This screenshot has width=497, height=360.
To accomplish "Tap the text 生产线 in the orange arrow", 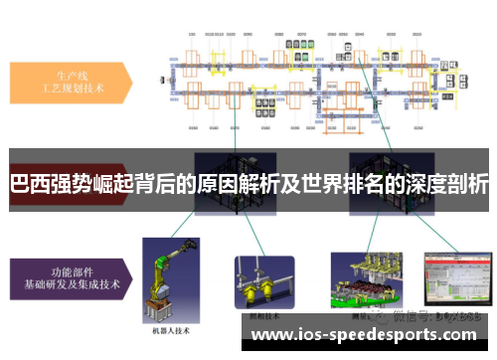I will [67, 75].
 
